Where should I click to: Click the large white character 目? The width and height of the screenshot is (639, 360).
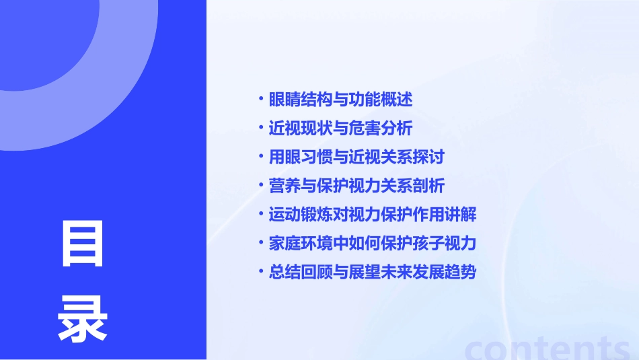click(83, 244)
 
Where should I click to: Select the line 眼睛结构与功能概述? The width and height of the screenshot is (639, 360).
click(340, 100)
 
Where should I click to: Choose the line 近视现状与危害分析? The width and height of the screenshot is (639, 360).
click(340, 129)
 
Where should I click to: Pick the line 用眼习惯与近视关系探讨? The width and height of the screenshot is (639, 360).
click(356, 157)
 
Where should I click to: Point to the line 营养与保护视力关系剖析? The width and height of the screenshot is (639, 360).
click(356, 186)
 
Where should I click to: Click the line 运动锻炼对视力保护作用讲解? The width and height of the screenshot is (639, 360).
click(373, 215)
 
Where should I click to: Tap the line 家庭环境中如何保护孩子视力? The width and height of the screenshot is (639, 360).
click(373, 244)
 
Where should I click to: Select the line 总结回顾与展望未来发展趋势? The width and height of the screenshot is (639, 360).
click(373, 273)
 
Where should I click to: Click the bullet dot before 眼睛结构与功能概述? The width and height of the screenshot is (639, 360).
click(261, 100)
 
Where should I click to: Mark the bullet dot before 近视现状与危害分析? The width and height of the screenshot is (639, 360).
click(261, 129)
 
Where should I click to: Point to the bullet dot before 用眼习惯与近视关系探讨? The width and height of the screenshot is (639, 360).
click(261, 157)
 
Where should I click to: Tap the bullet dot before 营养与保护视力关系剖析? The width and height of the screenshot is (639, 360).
click(261, 186)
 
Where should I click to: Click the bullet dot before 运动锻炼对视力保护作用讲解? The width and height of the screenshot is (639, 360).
click(261, 215)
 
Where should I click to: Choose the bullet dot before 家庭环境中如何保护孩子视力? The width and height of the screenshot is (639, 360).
click(261, 244)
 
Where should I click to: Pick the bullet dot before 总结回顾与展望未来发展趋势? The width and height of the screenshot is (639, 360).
click(261, 273)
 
